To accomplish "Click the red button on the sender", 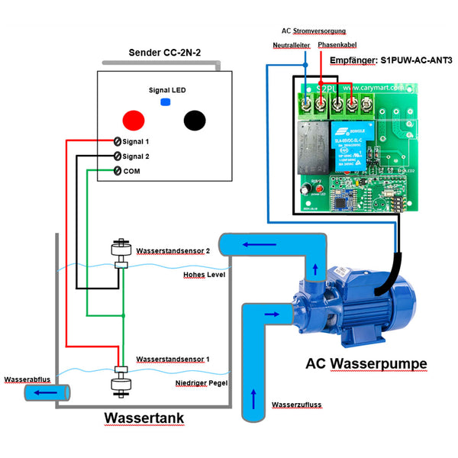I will (x=134, y=119).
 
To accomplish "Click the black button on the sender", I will (x=195, y=120).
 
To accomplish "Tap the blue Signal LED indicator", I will (x=164, y=102).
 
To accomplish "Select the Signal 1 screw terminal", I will (x=118, y=142).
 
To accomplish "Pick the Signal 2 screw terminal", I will (x=118, y=156).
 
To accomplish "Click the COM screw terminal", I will (x=118, y=169).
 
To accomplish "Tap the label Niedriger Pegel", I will (x=202, y=382).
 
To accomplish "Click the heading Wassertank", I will (x=144, y=419).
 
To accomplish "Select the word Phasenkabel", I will (x=337, y=46).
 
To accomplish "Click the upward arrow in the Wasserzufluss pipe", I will (x=254, y=398).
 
